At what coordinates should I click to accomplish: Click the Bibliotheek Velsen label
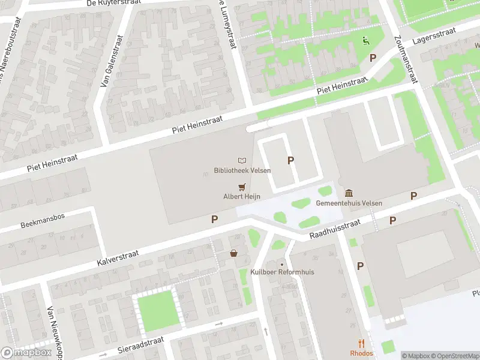tap(242, 170)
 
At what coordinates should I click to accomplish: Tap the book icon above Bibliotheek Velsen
tap(242, 161)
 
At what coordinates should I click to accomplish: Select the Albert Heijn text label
tap(242, 197)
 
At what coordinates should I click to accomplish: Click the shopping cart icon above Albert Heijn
tap(242, 187)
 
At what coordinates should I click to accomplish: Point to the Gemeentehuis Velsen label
tap(349, 203)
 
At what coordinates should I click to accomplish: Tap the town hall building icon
tap(349, 193)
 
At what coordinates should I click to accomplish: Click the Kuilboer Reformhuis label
tap(282, 272)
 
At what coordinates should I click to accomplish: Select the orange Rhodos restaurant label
tap(362, 353)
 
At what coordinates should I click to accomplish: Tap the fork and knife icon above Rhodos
tap(362, 344)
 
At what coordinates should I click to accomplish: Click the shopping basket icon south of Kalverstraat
tap(233, 254)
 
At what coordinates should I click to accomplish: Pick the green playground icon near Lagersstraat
tap(365, 41)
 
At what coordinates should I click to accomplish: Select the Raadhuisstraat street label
tap(334, 230)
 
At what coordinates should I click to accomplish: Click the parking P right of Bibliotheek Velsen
tap(291, 160)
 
